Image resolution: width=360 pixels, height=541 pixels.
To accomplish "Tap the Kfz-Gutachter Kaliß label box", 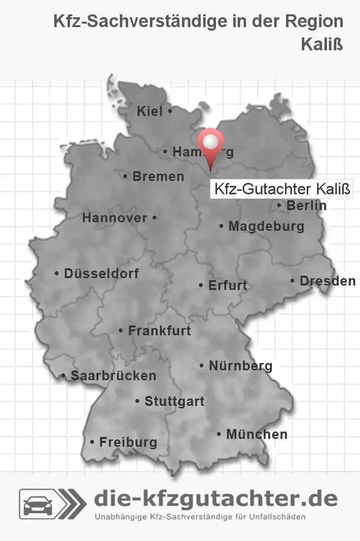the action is point(282,189).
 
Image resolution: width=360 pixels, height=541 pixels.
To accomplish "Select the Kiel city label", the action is point(149,111).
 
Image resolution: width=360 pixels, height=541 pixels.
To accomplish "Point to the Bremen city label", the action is point(158,176).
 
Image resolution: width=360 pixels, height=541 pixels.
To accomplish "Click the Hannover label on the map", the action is point(114,217).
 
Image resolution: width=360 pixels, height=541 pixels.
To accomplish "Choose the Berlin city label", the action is point(306,205).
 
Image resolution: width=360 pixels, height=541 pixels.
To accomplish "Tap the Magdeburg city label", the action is point(266,226).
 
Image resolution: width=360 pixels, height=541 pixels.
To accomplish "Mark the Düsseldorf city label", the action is point(101,273).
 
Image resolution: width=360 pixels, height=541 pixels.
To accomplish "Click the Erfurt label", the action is point(227,285).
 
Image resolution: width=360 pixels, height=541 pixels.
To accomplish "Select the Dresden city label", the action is point(327,281).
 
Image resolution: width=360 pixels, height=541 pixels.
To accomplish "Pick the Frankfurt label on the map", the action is point(159,330).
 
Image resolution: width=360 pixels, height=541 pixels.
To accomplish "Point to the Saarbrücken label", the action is point(113,375).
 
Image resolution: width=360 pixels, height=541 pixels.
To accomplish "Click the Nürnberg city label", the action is point(241,366).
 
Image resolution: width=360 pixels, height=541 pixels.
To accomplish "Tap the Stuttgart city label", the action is point(174,401).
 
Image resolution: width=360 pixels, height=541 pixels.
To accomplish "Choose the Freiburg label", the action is point(128,442).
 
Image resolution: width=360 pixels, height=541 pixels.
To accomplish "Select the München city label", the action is point(256,434).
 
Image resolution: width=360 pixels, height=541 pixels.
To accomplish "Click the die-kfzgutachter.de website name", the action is point(216,499).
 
